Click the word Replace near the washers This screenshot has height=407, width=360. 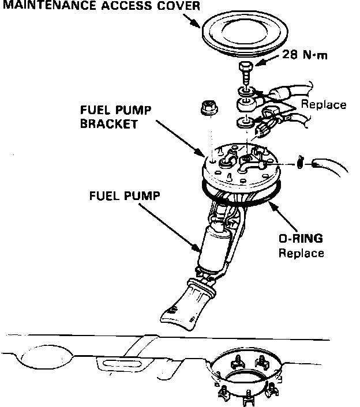click(324, 105)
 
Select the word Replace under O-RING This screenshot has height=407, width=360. click(301, 253)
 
